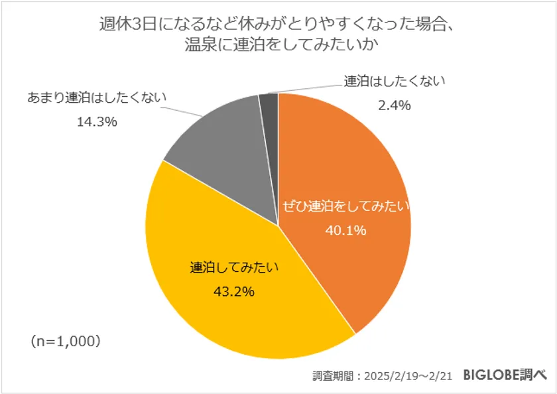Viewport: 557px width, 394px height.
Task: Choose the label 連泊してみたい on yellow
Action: tap(234, 268)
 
